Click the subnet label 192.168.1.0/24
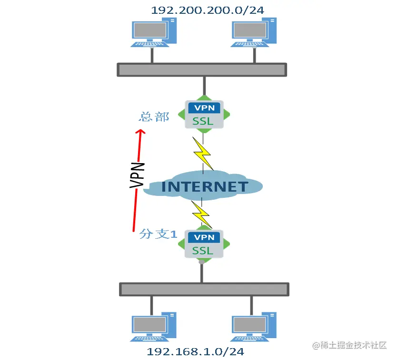pyautogui.click(x=195, y=352)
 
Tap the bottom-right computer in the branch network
pyautogui.click(x=253, y=327)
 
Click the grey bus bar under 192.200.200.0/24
pyautogui.click(x=202, y=69)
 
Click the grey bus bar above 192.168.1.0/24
pyautogui.click(x=204, y=289)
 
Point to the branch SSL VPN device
pyautogui.click(x=204, y=243)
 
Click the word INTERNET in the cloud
pyautogui.click(x=205, y=186)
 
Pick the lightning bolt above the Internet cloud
pyautogui.click(x=203, y=152)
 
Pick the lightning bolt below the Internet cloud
pyautogui.click(x=202, y=213)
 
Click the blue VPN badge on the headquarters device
pyautogui.click(x=204, y=107)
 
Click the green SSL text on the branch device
pyautogui.click(x=203, y=250)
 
